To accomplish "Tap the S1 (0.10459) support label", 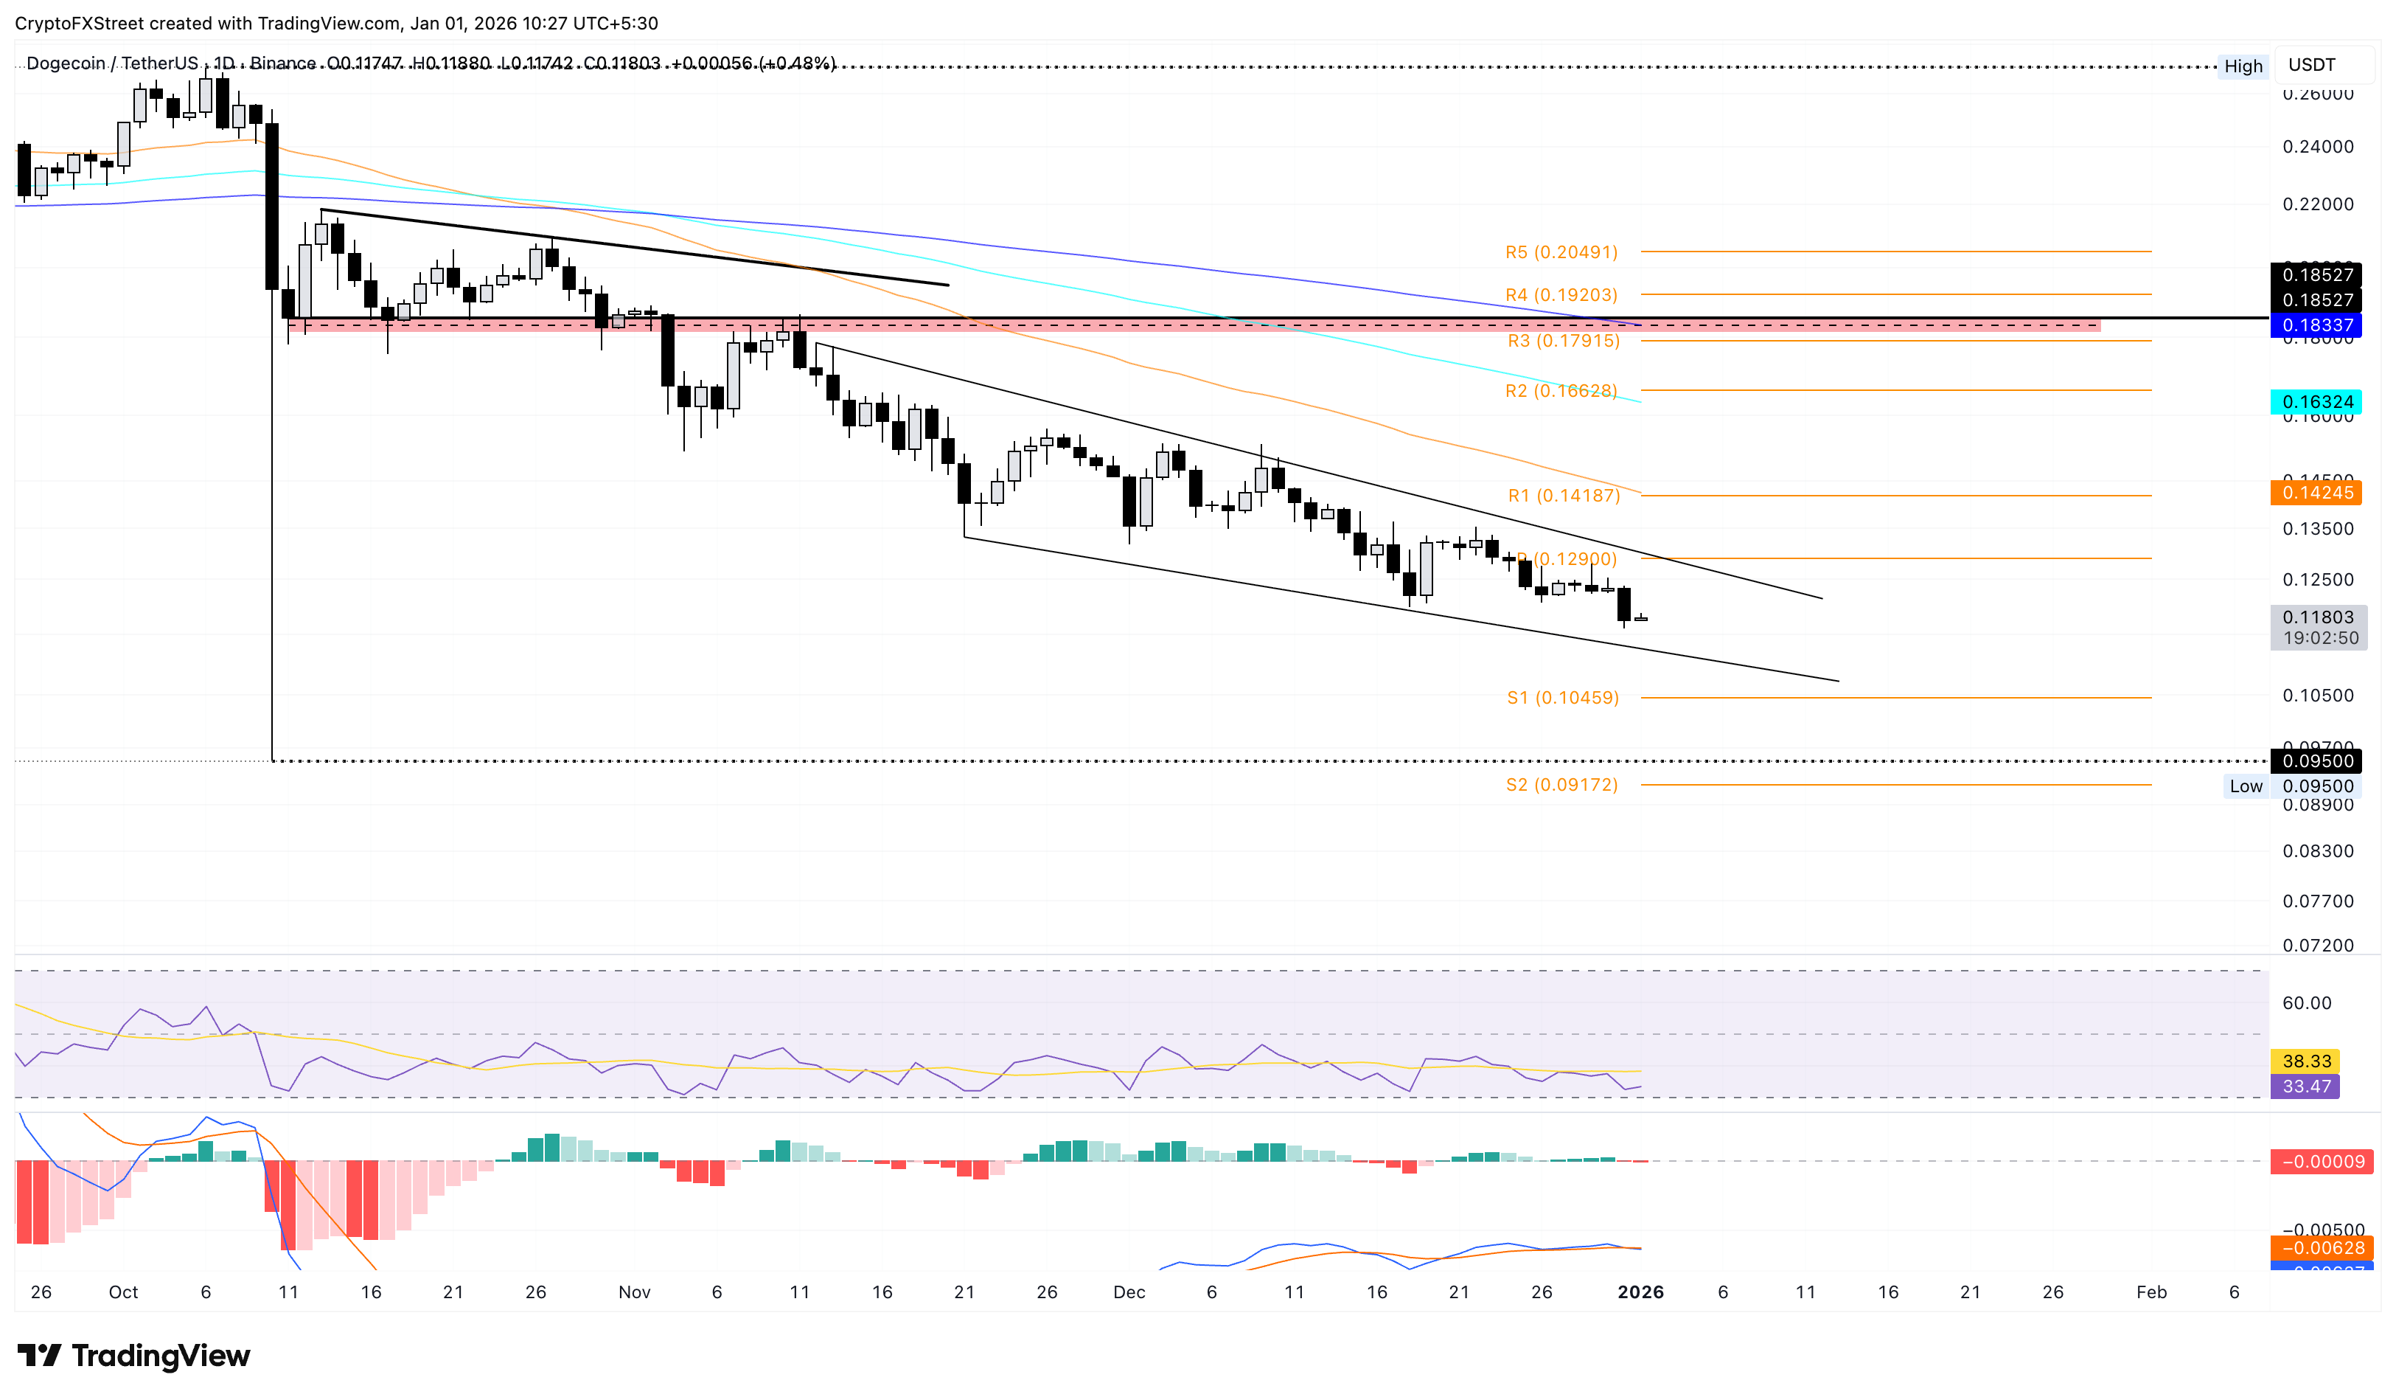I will pos(1562,697).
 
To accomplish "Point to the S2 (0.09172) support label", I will pos(1561,785).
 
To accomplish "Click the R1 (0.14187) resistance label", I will pos(1563,496).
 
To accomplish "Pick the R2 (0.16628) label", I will pos(1560,391).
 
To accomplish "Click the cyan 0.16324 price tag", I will pos(2317,401).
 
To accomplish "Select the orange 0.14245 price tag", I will pos(2317,493).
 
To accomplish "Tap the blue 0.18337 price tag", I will pos(2317,325).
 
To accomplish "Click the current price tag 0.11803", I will pos(2317,617).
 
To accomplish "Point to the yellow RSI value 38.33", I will pos(2305,1061).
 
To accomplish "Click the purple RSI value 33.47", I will pos(2305,1086).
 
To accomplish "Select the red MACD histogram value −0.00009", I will pos(2322,1161).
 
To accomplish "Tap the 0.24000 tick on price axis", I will pos(2317,147).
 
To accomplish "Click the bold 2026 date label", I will pos(1640,1292).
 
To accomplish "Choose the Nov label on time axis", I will pos(634,1292).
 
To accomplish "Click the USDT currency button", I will pos(2310,65).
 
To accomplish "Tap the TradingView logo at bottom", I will pos(134,1355).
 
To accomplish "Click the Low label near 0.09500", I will pos(2246,786).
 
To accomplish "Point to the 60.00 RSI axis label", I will pos(2305,1002).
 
